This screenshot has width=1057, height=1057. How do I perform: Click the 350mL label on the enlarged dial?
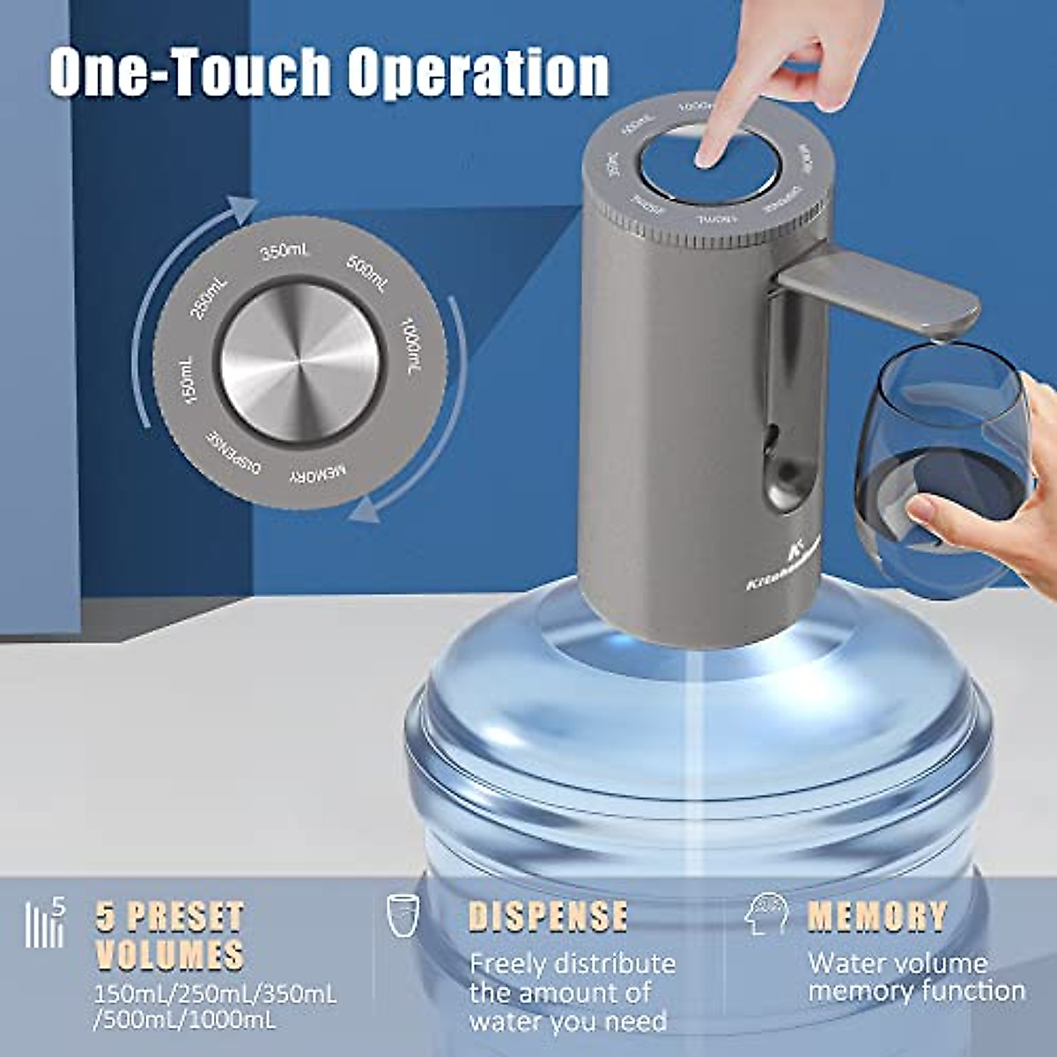pos(285,252)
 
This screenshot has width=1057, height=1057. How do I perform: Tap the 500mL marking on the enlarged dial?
pos(366,273)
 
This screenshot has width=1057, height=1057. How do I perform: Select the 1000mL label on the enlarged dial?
pos(410,345)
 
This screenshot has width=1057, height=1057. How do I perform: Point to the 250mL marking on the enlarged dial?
pos(210,298)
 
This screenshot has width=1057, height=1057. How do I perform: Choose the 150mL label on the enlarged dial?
pos(188,381)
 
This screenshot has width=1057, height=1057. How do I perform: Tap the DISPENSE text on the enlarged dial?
pos(234,450)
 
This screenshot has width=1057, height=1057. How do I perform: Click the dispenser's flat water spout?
pos(881,291)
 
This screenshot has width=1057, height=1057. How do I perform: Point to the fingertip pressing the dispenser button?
pos(707,156)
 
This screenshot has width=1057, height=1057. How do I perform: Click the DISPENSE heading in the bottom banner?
pos(548,916)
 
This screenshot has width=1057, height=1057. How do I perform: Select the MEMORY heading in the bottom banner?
pos(877,916)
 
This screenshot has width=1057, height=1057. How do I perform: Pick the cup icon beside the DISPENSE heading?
pos(403,915)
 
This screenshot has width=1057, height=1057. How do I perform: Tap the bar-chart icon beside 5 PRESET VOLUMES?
pos(46,922)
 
